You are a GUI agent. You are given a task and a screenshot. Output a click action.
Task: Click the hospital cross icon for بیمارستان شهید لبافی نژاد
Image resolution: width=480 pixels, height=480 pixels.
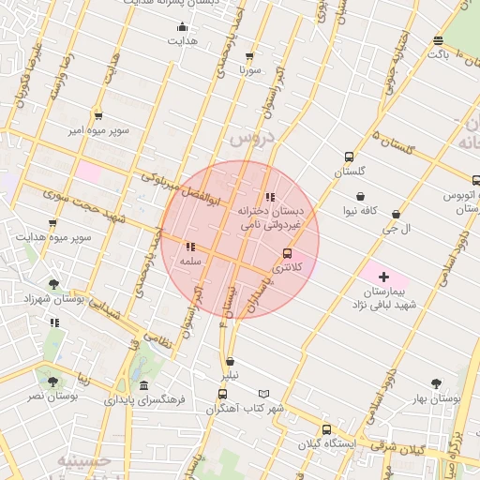pos(383,277)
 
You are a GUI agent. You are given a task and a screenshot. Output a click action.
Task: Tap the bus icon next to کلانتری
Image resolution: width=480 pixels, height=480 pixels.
pos(287,253)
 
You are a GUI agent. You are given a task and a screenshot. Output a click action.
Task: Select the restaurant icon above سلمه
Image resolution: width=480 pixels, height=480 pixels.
pos(190,247)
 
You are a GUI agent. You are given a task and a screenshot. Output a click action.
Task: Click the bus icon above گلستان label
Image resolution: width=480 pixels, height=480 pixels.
pos(350,157)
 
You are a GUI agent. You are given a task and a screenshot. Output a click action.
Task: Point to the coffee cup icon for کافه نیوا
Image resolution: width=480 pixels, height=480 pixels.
pos(360,196)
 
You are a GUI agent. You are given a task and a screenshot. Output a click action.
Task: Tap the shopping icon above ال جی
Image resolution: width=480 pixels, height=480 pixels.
pos(397,215)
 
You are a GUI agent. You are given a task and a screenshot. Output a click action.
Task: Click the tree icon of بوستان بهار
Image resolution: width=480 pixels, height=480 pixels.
pos(436,382)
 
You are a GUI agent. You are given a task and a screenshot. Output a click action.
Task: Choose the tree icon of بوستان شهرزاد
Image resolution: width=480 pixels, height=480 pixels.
pos(52,282)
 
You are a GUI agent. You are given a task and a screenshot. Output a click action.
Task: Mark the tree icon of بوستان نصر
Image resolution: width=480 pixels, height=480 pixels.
pos(52,381)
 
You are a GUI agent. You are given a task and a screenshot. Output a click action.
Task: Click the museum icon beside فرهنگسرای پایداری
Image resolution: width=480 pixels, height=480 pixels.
pos(142,385)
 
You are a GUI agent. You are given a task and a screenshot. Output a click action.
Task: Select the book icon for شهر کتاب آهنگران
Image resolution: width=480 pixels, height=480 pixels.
pos(263,395)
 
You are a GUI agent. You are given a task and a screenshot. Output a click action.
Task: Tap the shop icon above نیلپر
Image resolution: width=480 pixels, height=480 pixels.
pos(230,361)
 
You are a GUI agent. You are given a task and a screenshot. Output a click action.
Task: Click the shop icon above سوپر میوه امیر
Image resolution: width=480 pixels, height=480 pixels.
pos(98,116)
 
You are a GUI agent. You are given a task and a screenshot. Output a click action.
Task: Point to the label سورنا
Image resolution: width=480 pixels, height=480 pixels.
pos(249,70)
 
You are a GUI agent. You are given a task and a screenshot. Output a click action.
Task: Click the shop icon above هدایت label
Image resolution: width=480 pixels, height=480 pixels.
pos(182,27)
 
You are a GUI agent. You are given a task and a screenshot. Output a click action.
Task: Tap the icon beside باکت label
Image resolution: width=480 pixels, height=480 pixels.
pos(438,39)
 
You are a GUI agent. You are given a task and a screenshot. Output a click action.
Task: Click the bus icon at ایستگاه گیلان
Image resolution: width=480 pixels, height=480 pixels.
pos(327,429)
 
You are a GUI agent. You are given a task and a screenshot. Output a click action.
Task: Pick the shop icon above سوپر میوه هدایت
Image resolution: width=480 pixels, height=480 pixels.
pos(52,223)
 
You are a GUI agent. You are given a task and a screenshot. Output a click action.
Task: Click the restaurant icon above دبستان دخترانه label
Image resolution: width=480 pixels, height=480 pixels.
pos(271,197)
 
